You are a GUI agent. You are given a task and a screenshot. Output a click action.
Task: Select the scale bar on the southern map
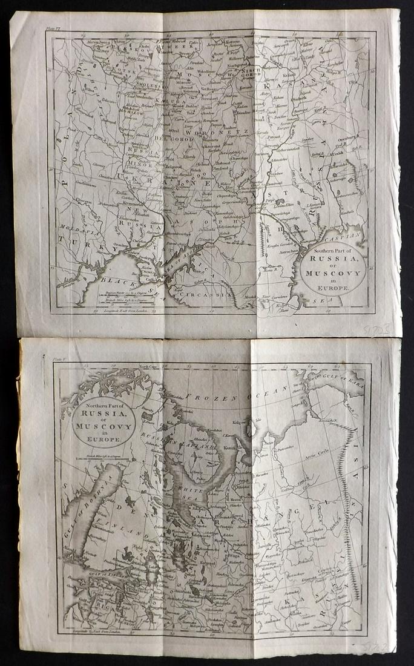pos(106,297)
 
